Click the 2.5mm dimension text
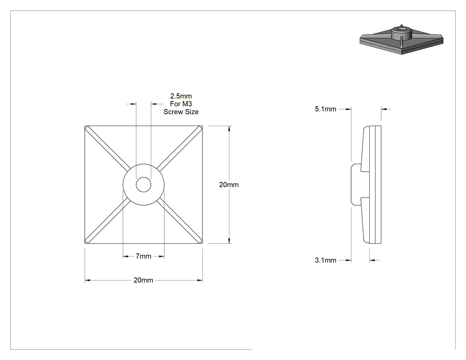pyautogui.click(x=181, y=96)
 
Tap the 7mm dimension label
pyautogui.click(x=143, y=256)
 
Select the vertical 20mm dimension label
pyautogui.click(x=229, y=185)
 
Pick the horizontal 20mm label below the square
pyautogui.click(x=143, y=280)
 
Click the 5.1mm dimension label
pyautogui.click(x=325, y=109)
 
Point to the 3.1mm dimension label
pyautogui.click(x=325, y=261)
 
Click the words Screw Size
pyautogui.click(x=181, y=112)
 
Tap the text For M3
pyautogui.click(x=181, y=104)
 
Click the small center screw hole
pyautogui.click(x=143, y=185)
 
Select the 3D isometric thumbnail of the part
pyautogui.click(x=402, y=40)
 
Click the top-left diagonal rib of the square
pyautogui.click(x=108, y=149)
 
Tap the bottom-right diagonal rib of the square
pyautogui.click(x=179, y=220)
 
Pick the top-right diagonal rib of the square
pyautogui.click(x=179, y=149)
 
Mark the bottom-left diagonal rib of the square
pyautogui.click(x=108, y=220)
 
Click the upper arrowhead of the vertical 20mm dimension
pyautogui.click(x=229, y=129)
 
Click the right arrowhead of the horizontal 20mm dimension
pyautogui.click(x=200, y=280)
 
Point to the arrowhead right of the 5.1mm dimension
pyautogui.click(x=384, y=109)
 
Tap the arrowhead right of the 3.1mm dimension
pyautogui.click(x=372, y=261)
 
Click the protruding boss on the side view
pyautogui.click(x=356, y=185)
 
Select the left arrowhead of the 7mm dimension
pyautogui.click(x=126, y=256)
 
